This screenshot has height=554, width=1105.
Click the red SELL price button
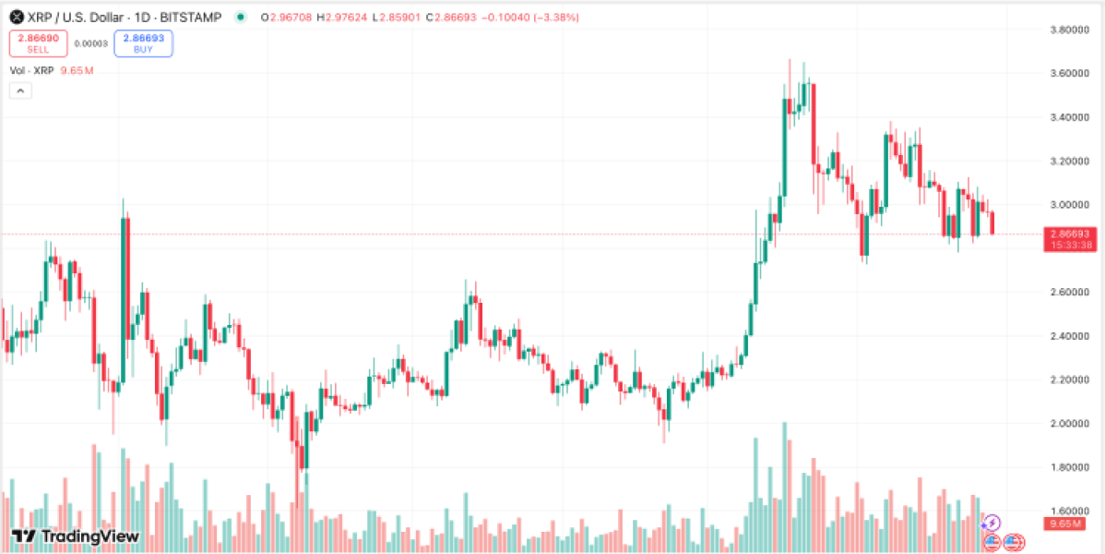[x=38, y=43]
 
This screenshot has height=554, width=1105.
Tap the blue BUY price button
[x=143, y=43]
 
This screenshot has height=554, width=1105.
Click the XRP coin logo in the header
[x=17, y=17]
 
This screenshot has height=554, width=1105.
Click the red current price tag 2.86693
[x=1070, y=235]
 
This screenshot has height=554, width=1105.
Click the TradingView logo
[x=76, y=536]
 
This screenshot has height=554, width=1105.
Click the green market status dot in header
[x=241, y=17]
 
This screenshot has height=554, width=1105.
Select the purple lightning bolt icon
[x=993, y=523]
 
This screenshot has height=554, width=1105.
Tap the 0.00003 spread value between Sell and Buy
[x=90, y=42]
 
